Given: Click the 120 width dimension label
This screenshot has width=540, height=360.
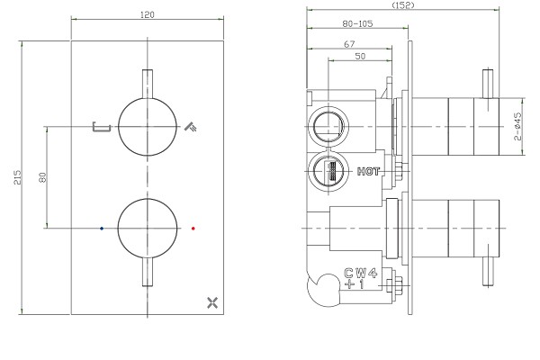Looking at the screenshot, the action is pyautogui.click(x=148, y=14).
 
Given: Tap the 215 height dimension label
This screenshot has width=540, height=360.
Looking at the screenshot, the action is pyautogui.click(x=18, y=177).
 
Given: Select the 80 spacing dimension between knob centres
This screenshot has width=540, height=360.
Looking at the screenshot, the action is pyautogui.click(x=42, y=178).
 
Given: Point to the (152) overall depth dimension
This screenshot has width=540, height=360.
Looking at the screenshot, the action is pyautogui.click(x=403, y=4).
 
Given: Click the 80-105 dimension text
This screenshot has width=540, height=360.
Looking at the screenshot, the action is pyautogui.click(x=357, y=23).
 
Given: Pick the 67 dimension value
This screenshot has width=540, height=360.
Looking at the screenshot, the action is pyautogui.click(x=349, y=44).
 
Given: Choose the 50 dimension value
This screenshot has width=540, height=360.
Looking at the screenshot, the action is pyautogui.click(x=360, y=56).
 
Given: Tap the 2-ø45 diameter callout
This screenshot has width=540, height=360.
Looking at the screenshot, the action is pyautogui.click(x=517, y=126).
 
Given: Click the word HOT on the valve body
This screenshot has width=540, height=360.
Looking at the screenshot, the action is pyautogui.click(x=368, y=171).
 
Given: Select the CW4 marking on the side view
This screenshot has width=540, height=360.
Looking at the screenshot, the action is pyautogui.click(x=361, y=274).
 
